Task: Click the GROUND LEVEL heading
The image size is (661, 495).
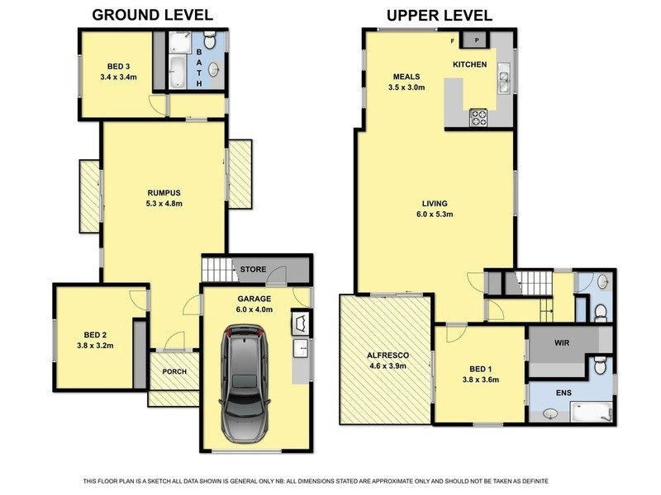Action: (x=152, y=15)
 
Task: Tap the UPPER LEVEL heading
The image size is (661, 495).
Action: (x=440, y=16)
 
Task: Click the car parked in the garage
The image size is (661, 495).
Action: (x=245, y=384)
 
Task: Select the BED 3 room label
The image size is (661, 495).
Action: (x=118, y=67)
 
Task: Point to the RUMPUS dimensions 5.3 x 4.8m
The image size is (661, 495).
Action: (x=164, y=204)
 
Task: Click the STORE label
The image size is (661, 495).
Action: (x=253, y=270)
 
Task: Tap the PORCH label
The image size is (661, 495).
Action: (x=174, y=372)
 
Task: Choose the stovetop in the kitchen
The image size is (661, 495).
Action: (x=478, y=117)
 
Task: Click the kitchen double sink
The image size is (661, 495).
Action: (x=504, y=78)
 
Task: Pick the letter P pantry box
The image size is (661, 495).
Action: (x=477, y=40)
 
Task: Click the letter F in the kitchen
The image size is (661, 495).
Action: (x=453, y=40)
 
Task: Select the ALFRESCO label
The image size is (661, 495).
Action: (x=388, y=356)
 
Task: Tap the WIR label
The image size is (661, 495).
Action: (x=562, y=343)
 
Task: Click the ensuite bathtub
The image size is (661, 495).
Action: (x=591, y=412)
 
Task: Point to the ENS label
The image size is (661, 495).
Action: (x=564, y=393)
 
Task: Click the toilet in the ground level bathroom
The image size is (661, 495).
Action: (x=209, y=40)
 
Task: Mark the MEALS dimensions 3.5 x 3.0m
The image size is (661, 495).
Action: (x=407, y=87)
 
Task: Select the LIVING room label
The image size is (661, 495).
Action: (x=435, y=204)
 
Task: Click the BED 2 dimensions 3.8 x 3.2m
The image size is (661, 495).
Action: (x=95, y=346)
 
